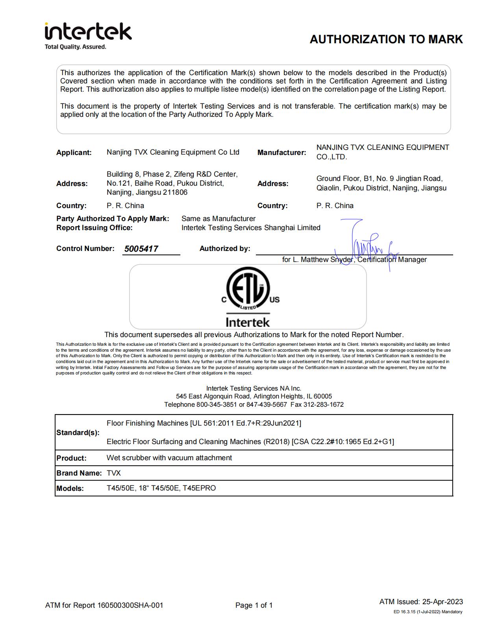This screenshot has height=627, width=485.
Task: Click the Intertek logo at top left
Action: pyautogui.click(x=88, y=32)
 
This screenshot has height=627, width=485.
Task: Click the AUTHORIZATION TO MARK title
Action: pyautogui.click(x=386, y=39)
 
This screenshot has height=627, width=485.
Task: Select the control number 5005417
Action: pyautogui.click(x=141, y=249)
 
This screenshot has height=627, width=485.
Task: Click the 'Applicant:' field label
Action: pyautogui.click(x=74, y=153)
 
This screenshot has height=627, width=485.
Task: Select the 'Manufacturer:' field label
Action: pyautogui.click(x=281, y=153)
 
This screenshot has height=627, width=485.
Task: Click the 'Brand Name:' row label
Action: pyautogui.click(x=79, y=473)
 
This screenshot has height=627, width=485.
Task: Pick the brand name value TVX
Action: pyautogui.click(x=113, y=473)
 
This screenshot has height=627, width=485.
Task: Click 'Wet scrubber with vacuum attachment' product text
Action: pyautogui.click(x=169, y=458)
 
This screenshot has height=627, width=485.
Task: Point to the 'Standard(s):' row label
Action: pyautogui.click(x=78, y=433)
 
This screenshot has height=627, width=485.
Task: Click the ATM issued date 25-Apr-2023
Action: pyautogui.click(x=442, y=602)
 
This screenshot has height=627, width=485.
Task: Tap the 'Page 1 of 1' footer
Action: pyautogui.click(x=254, y=605)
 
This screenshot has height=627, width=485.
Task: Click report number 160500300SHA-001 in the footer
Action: pyautogui.click(x=130, y=605)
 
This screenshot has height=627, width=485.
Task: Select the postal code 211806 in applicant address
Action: pyautogui.click(x=175, y=193)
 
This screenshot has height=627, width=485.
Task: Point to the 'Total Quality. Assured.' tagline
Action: pyautogui.click(x=75, y=47)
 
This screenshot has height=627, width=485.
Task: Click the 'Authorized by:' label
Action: pyautogui.click(x=225, y=249)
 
